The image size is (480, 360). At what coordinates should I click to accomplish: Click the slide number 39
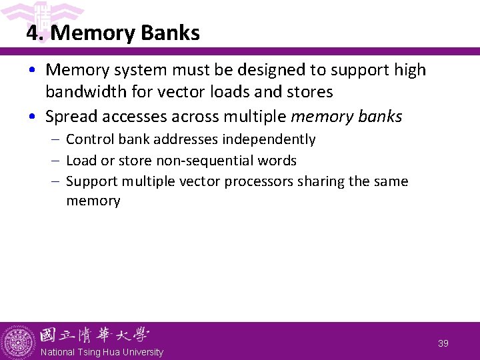pos(443,343)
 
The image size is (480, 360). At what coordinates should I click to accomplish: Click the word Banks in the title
pos(171,33)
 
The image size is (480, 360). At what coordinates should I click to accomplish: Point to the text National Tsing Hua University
pos(101,352)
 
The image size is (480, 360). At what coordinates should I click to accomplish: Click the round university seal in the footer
pos(17,342)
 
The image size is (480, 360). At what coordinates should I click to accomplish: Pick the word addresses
pos(187,139)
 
